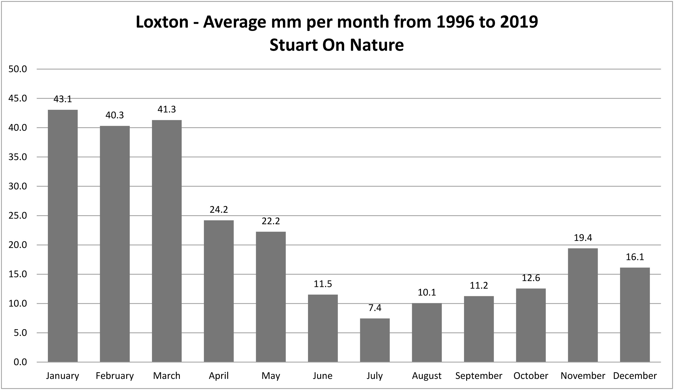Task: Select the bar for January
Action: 63,236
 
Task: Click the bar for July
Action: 375,340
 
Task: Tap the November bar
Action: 583,305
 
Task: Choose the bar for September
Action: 479,329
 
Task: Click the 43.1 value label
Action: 63,99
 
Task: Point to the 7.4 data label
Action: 375,308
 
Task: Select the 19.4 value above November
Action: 583,238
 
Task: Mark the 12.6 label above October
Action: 531,278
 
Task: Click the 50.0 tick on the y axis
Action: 18,69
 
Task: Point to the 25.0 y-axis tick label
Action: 18,216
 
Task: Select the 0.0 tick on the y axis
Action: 20,362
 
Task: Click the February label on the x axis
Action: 114,376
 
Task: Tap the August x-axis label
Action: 427,376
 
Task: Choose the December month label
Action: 635,376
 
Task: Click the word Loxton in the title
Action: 162,22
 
